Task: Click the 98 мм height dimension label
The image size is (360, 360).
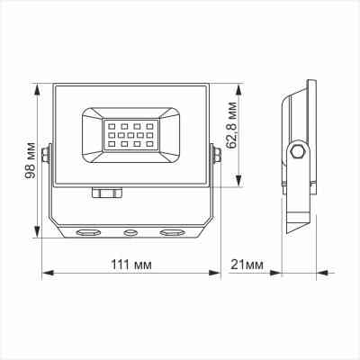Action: click(x=32, y=160)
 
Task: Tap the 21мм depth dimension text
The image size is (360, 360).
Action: click(x=247, y=265)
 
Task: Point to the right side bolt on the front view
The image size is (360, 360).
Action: click(x=217, y=157)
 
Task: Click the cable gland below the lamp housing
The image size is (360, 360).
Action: click(x=105, y=192)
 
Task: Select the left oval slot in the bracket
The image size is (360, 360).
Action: click(x=88, y=232)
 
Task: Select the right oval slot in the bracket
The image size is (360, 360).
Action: click(x=171, y=232)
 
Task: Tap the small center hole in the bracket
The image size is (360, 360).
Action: click(x=130, y=232)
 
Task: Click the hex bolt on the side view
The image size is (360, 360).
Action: click(x=296, y=151)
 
